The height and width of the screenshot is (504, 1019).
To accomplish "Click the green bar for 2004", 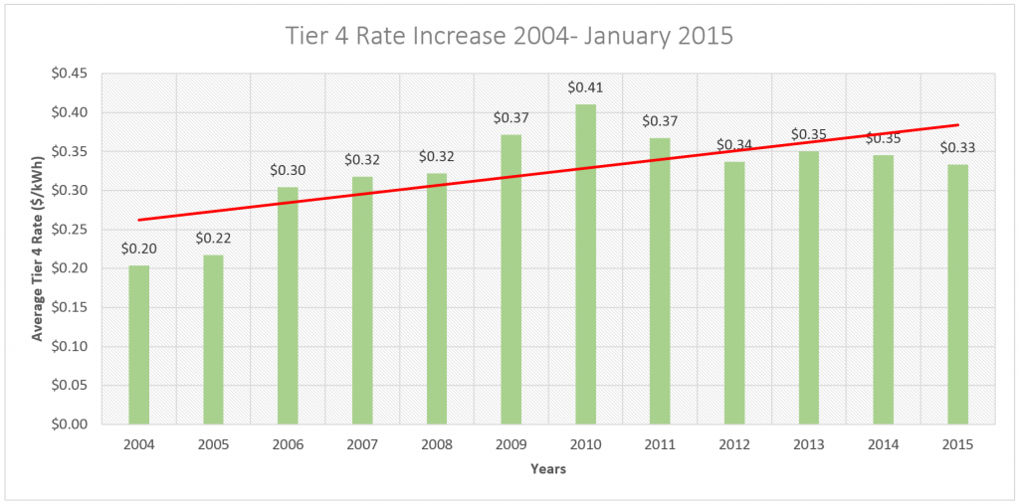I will (x=138, y=344).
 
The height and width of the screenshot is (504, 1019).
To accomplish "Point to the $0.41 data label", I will (x=585, y=87).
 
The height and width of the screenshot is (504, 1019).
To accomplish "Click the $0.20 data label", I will (x=138, y=249).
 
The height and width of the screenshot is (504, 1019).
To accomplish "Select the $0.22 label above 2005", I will (x=213, y=238).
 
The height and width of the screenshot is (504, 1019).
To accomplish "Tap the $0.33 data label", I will (x=957, y=148).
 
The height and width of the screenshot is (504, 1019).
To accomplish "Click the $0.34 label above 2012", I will (x=734, y=145).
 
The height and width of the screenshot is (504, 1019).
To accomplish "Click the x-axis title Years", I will (x=548, y=468).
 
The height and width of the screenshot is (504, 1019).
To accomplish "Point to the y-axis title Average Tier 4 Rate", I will (x=38, y=249).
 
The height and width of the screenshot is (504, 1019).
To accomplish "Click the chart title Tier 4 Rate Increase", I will (x=509, y=38).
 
